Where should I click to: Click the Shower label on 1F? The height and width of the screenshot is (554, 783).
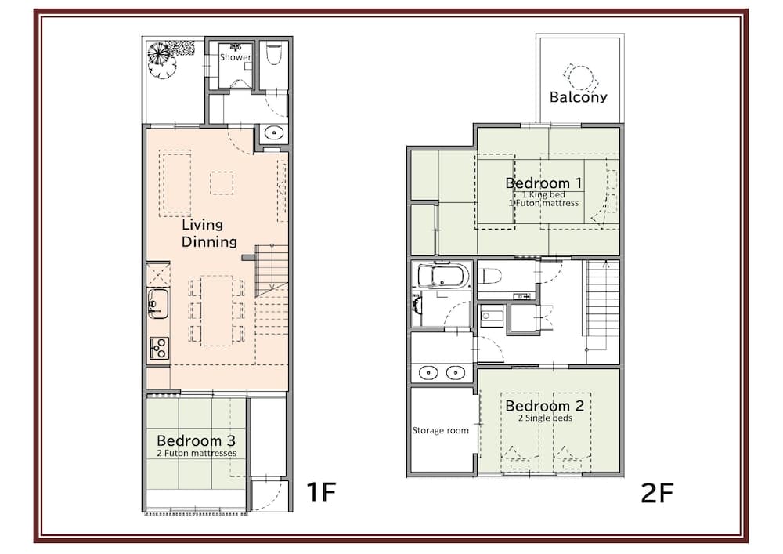click(235, 57)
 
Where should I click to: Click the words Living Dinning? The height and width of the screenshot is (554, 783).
click(209, 234)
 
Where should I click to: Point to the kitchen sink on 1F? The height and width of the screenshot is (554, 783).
click(157, 302)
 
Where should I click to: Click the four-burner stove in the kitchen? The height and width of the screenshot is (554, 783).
click(158, 347)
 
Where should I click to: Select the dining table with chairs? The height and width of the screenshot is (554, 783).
click(216, 310)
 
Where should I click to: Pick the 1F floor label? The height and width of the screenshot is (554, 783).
click(320, 492)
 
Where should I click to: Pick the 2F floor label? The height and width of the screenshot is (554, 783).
click(657, 492)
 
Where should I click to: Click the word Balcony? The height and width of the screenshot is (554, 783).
click(579, 97)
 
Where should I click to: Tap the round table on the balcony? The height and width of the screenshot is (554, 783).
click(581, 77)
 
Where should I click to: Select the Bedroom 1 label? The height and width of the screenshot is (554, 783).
click(543, 183)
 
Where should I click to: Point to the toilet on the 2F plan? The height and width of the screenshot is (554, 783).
click(492, 275)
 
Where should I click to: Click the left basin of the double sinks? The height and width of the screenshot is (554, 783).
click(428, 372)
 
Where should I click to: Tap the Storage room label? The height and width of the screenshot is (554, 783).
click(441, 430)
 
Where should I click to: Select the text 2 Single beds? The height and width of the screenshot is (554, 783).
click(545, 418)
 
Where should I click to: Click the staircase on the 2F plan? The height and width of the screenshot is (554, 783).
click(603, 302)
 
